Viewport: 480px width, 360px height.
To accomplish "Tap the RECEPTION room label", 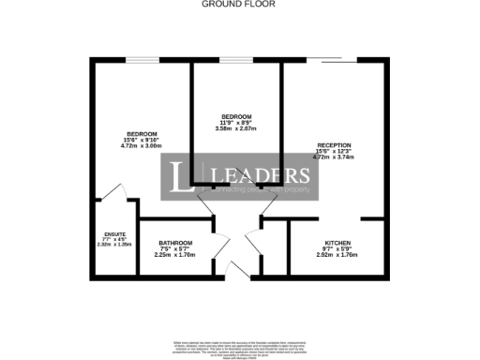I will click(x=333, y=143).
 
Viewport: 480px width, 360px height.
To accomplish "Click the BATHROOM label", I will click(x=175, y=241).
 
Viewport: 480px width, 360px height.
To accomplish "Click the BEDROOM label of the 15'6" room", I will click(x=142, y=133).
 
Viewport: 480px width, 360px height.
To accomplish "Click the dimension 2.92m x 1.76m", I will click(x=337, y=255).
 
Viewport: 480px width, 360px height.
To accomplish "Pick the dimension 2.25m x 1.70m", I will click(x=175, y=255).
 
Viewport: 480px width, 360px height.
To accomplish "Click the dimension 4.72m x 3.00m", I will click(x=142, y=147).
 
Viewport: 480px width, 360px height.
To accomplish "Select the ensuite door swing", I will click(x=114, y=192).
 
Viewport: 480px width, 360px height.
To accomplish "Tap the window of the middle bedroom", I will click(x=234, y=62).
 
